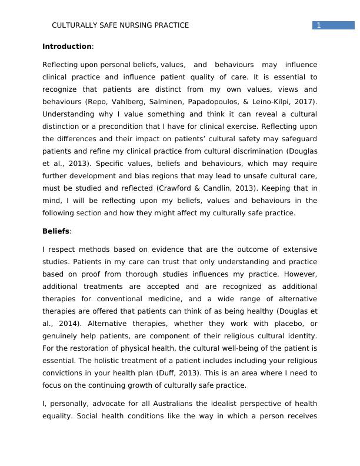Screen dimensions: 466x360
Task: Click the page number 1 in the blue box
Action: (318, 25)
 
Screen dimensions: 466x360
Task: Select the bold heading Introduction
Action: (67, 46)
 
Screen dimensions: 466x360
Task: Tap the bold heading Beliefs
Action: (56, 231)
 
